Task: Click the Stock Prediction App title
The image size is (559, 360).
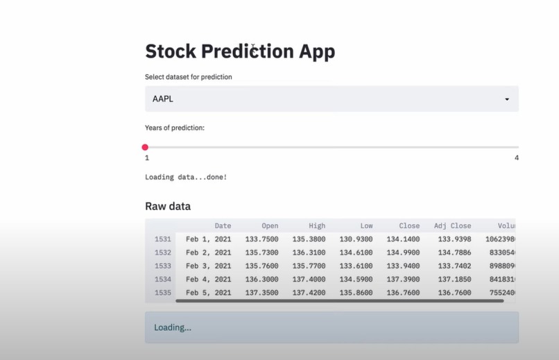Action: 239,51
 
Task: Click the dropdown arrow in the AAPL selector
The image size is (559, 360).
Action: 507,99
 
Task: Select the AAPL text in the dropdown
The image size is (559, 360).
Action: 163,99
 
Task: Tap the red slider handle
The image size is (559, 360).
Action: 145,147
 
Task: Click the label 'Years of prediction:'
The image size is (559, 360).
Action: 174,128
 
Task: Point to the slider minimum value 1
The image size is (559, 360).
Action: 147,158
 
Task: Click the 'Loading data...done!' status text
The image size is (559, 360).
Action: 186,177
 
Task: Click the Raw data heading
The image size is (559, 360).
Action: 168,206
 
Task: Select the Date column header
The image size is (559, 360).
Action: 223,225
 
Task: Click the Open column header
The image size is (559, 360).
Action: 270,225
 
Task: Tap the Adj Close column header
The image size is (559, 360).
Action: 452,225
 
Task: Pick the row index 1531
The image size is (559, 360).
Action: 162,239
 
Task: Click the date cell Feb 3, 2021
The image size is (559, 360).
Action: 208,266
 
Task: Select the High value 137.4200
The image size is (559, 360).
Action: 308,293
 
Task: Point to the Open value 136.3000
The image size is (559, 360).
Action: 261,280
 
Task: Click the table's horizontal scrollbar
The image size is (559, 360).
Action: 340,301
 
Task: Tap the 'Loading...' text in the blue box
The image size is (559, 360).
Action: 173,327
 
